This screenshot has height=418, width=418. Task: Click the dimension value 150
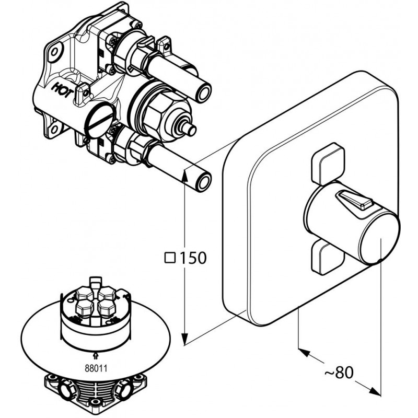click(194, 258)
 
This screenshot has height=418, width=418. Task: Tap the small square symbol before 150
click(169, 257)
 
